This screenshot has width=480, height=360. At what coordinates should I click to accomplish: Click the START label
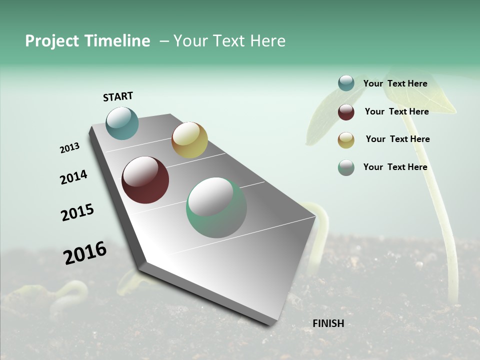click(118, 96)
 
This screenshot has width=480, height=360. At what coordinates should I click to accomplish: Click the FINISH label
click(328, 323)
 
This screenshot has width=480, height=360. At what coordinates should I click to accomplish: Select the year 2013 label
click(69, 148)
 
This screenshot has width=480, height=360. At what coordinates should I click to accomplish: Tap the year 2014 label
click(73, 177)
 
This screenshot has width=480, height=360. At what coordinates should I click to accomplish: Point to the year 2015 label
click(77, 212)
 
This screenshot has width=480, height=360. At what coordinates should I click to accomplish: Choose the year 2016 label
click(85, 252)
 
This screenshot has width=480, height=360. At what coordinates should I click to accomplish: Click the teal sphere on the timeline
click(122, 123)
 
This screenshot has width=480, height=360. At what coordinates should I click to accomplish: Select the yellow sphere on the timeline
click(189, 140)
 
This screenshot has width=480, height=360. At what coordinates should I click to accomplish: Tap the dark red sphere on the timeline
click(145, 180)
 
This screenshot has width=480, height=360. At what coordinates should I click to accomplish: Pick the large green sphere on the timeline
click(216, 207)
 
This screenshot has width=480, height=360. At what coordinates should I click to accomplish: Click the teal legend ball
click(346, 83)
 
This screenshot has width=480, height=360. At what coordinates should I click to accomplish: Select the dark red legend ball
click(346, 112)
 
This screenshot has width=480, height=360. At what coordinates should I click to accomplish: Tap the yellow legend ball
click(346, 140)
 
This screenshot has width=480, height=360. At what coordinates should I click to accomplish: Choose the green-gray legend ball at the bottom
click(346, 167)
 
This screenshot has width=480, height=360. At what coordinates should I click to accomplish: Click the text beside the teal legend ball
click(395, 83)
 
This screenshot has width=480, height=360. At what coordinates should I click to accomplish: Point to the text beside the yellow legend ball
click(397, 139)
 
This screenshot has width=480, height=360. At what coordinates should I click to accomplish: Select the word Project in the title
click(52, 41)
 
